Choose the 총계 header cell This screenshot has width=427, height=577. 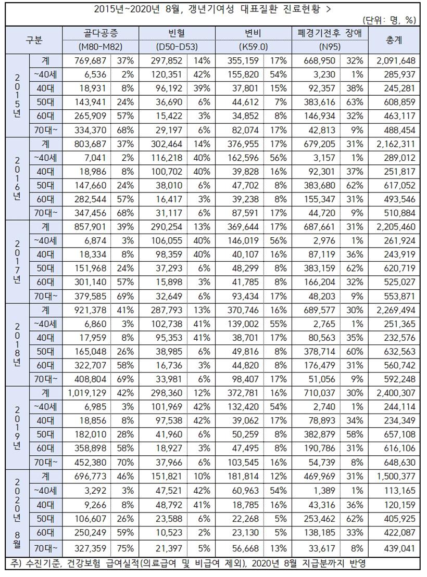point(394,40)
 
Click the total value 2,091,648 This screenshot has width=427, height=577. point(394,60)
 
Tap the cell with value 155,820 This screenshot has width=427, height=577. point(245,74)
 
